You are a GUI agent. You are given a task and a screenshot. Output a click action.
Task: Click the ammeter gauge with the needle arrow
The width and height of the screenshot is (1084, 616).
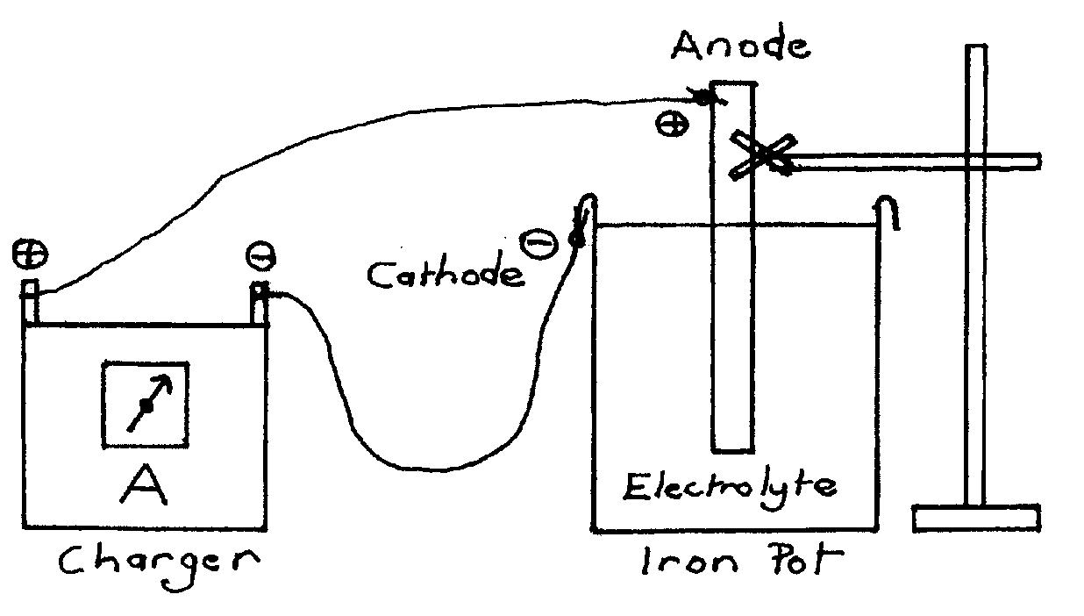click(146, 404)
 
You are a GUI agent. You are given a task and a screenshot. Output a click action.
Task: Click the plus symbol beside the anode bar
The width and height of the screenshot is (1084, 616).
click(672, 125)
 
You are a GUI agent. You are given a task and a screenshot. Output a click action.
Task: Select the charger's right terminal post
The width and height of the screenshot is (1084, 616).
click(260, 304)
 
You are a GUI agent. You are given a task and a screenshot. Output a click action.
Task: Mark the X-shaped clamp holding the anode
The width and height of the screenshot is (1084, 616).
click(763, 155)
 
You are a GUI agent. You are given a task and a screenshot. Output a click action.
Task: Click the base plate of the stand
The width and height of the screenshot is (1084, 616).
click(975, 518)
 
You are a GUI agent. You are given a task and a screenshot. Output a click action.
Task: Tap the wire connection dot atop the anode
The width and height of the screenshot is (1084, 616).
click(703, 97)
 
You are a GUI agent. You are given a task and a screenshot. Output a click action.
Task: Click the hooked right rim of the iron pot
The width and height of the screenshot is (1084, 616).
click(888, 211)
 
